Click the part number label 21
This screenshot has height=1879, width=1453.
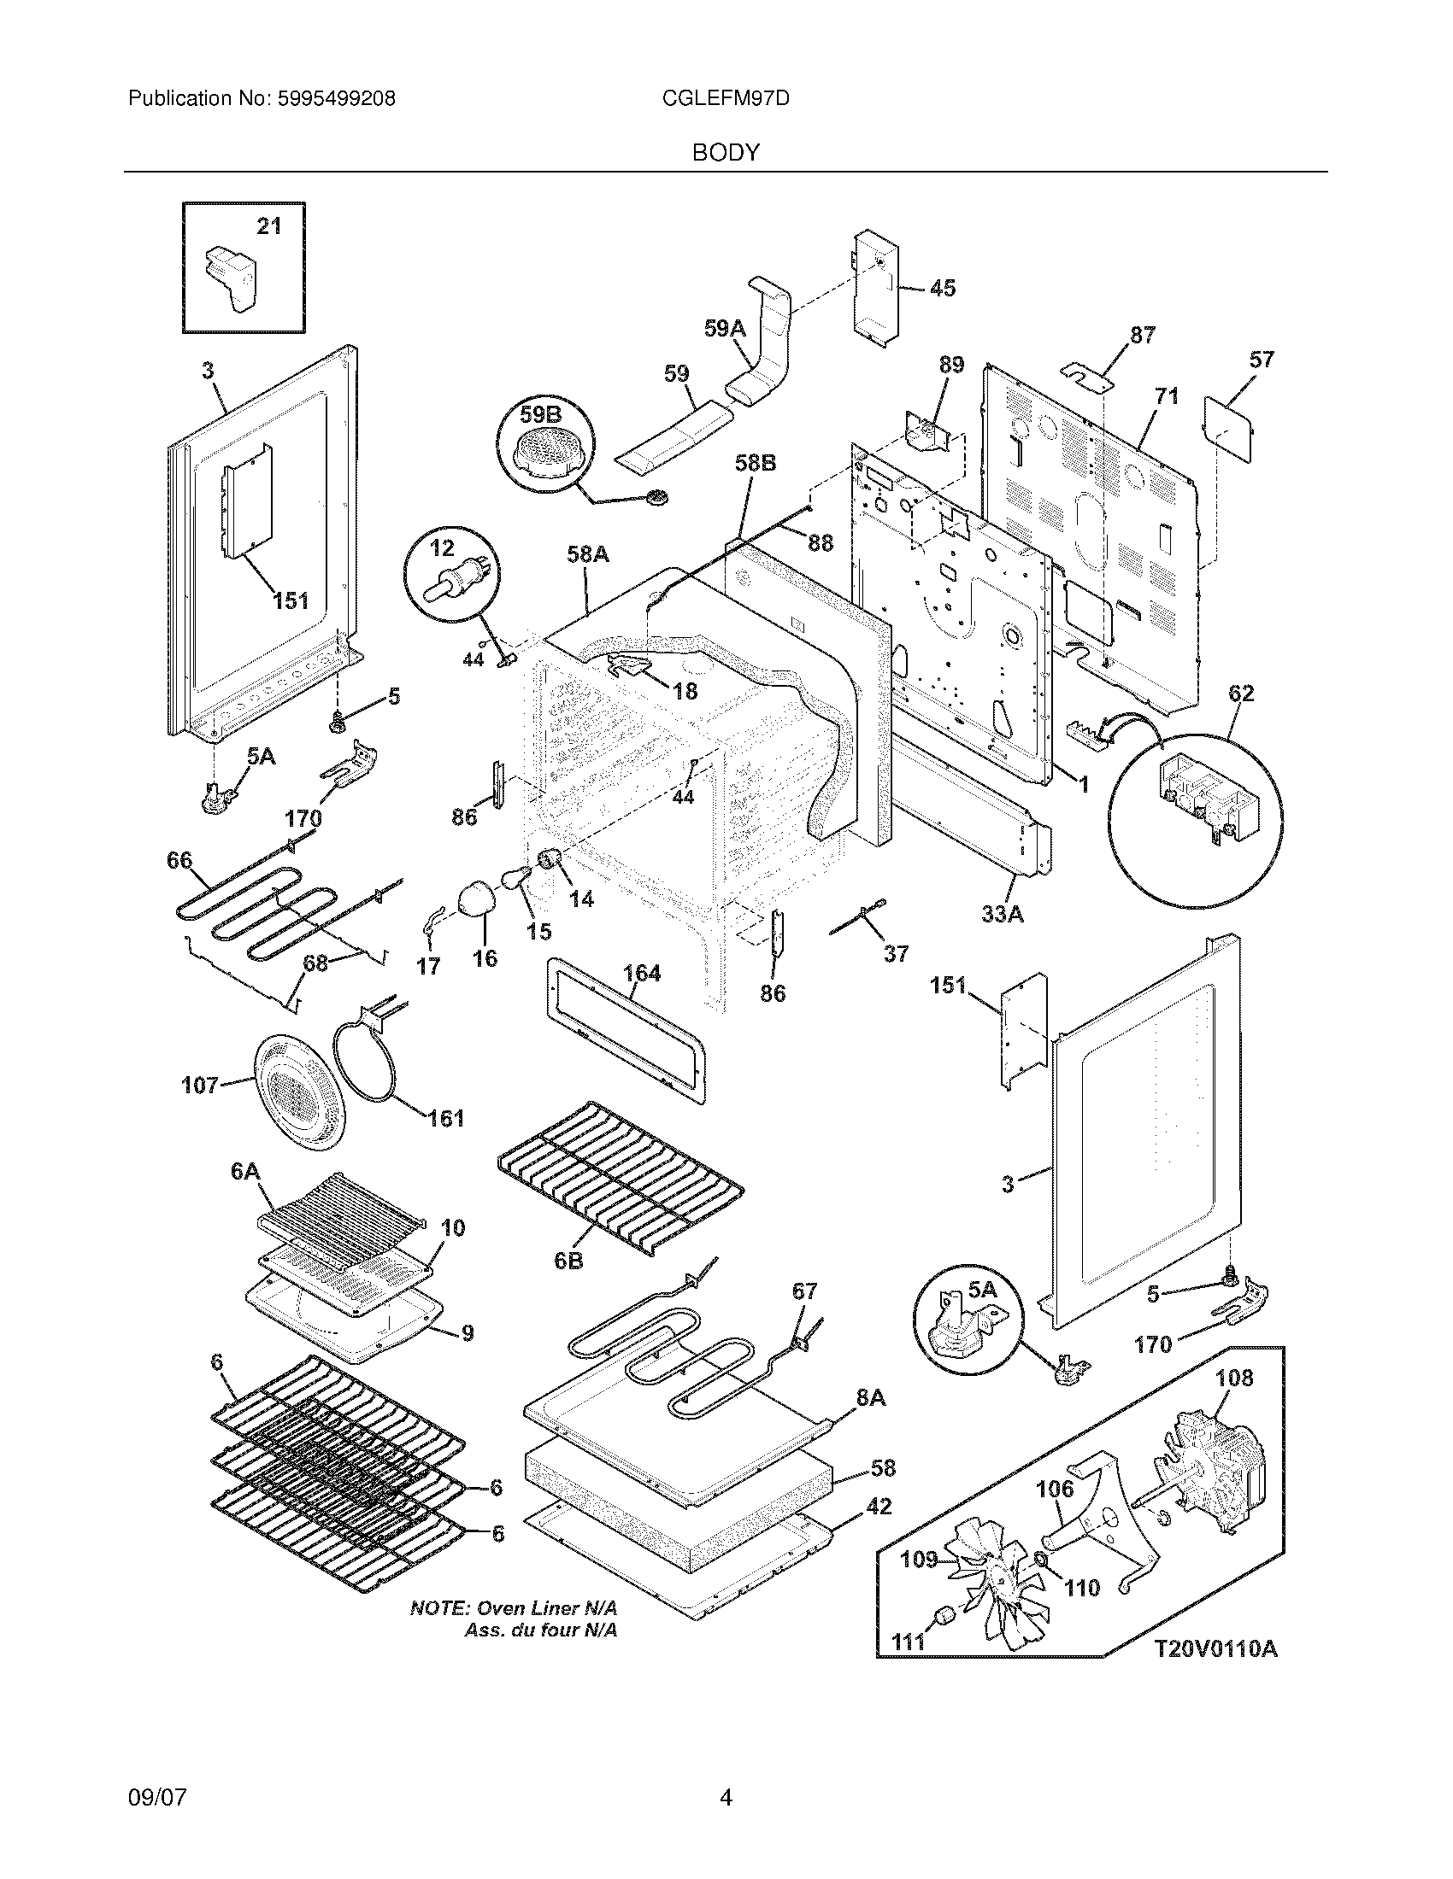[269, 226]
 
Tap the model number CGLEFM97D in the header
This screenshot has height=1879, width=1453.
[726, 99]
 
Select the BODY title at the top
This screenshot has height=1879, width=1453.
[726, 153]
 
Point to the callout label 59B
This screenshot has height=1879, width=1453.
[538, 415]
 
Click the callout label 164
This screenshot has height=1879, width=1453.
[641, 973]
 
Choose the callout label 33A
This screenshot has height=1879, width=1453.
[1002, 914]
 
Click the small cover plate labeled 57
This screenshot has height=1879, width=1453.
[1229, 428]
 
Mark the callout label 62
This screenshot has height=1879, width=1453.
[1240, 693]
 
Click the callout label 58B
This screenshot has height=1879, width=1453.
[755, 463]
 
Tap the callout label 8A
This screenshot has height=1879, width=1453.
[870, 1398]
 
